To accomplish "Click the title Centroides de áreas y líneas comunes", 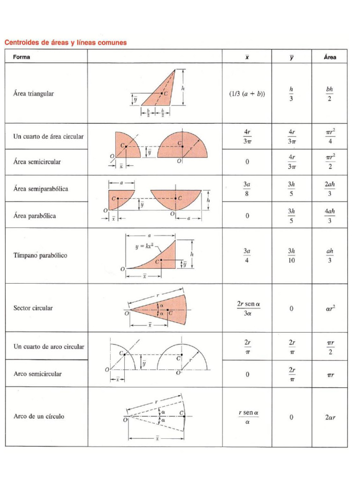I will (65, 43).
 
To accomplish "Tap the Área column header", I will (330, 57).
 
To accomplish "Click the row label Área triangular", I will (33, 93).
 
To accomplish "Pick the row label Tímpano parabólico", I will (40, 255).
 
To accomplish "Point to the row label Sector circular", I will (33, 308).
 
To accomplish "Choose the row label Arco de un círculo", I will (39, 416).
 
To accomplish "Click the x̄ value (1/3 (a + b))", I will (247, 93).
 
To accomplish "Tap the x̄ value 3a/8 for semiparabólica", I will (247, 189).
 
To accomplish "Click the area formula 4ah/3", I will (330, 216).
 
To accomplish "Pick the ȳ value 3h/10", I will (291, 255).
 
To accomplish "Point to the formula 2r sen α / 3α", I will (248, 308).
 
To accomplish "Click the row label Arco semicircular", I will (37, 374).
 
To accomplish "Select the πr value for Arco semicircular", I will (330, 374).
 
